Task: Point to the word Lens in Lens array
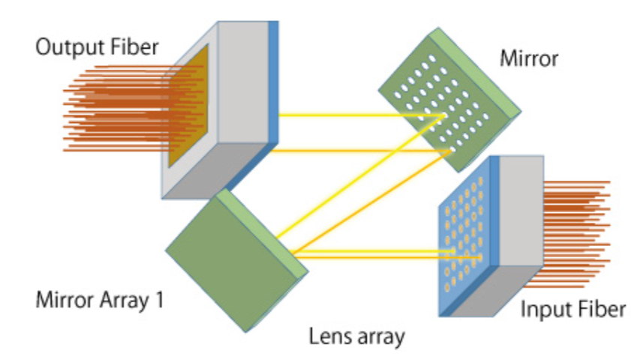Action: [328, 336]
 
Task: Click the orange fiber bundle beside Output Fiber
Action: [113, 109]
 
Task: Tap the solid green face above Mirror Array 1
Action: [225, 259]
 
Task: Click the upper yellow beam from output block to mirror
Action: [353, 115]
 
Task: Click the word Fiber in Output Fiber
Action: [134, 47]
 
